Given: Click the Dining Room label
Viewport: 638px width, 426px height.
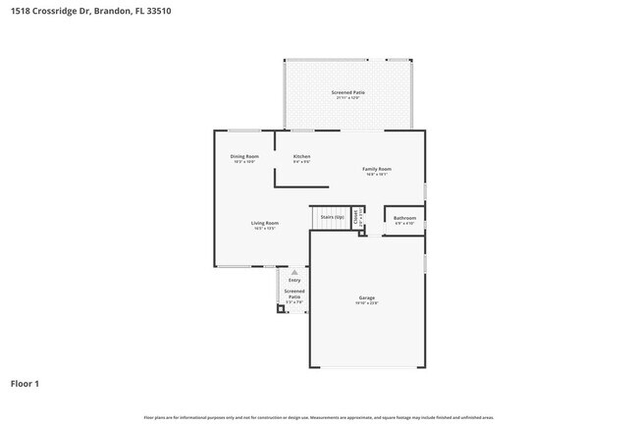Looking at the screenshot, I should (244, 156).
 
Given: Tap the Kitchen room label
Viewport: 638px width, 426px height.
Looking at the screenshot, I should (302, 156).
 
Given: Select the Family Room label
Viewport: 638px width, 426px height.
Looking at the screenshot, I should (377, 169).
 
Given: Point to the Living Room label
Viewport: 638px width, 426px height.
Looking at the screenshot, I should (265, 223).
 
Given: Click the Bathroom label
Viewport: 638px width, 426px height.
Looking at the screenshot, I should (404, 218).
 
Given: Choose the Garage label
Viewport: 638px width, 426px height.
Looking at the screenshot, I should (367, 297).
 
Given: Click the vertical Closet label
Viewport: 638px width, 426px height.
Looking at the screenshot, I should (356, 218).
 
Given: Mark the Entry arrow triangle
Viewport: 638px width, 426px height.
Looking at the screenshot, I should (293, 272).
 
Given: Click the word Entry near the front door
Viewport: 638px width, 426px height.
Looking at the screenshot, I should (294, 280).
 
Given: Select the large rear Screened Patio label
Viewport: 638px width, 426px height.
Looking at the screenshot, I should (348, 92).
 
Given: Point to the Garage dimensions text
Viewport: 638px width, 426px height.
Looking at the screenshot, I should (367, 303).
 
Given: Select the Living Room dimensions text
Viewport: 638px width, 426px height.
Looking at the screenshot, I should (265, 229).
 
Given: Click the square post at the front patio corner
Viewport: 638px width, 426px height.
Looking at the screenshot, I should (281, 308).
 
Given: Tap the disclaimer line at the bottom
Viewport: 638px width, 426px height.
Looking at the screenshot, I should (318, 417).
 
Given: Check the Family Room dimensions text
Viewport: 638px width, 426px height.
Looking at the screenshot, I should (377, 175).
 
